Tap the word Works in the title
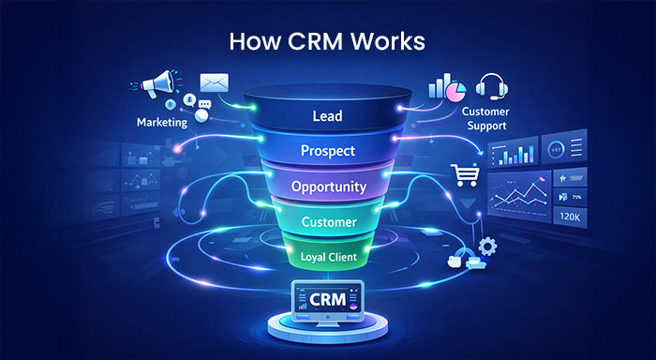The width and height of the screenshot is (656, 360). [x=385, y=44]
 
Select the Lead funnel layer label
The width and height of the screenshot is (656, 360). [x=327, y=116]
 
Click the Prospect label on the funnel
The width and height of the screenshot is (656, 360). [x=327, y=150]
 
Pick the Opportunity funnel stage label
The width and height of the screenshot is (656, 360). [x=327, y=186]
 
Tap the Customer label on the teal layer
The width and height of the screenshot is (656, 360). [x=327, y=222]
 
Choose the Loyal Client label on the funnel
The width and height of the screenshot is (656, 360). [x=327, y=254]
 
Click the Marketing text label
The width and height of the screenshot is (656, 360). [x=161, y=122]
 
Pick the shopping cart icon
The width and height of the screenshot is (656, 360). [x=465, y=173]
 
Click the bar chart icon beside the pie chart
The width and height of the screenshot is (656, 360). [x=435, y=87]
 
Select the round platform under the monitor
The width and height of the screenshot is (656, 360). [x=327, y=329]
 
